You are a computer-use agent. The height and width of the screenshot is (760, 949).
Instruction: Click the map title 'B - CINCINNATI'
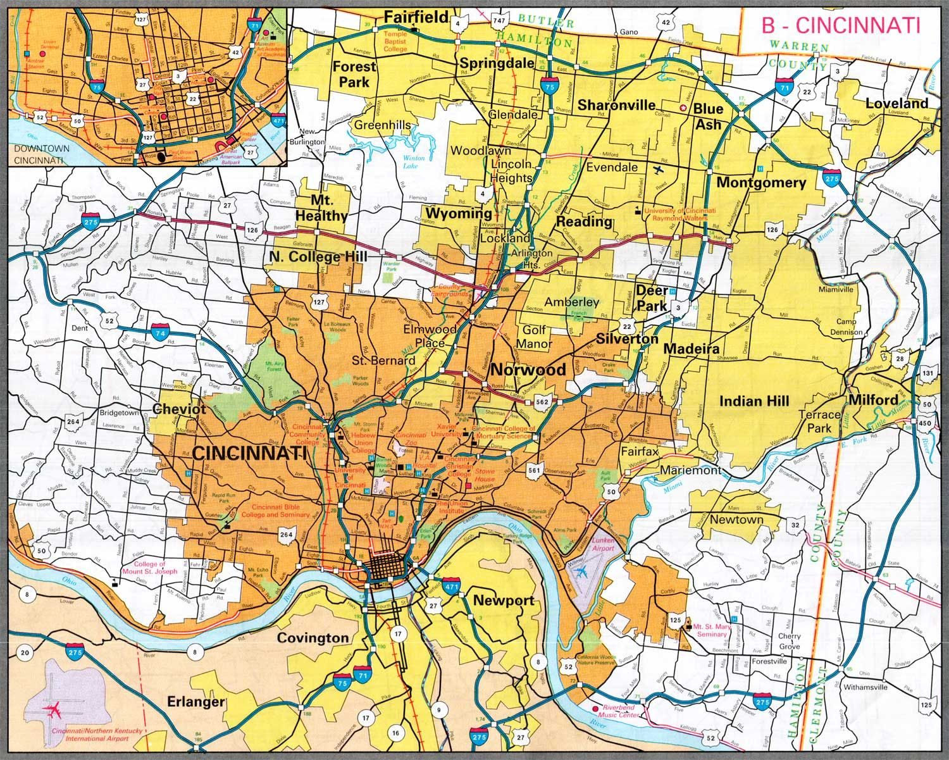(x=840, y=25)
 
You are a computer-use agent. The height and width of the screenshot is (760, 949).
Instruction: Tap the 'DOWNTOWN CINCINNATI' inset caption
(x=39, y=155)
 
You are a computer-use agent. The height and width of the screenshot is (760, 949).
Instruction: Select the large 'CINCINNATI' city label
(x=249, y=453)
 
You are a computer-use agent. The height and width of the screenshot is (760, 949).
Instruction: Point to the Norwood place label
(x=528, y=370)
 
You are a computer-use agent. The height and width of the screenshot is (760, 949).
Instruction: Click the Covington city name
(x=313, y=638)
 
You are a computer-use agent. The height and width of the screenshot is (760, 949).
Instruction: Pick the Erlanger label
(x=195, y=702)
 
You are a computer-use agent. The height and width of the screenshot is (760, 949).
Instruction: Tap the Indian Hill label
(x=754, y=401)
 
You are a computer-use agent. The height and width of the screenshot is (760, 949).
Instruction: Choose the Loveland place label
(x=896, y=103)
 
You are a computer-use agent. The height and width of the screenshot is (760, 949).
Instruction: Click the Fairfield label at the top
(x=416, y=16)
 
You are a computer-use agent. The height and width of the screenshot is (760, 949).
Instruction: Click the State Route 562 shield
(x=542, y=402)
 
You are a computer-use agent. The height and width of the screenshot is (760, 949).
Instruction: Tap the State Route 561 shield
(x=535, y=470)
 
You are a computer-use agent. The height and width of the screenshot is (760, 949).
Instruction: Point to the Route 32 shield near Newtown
(x=795, y=525)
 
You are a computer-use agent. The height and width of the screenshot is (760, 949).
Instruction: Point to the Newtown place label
(x=736, y=520)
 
